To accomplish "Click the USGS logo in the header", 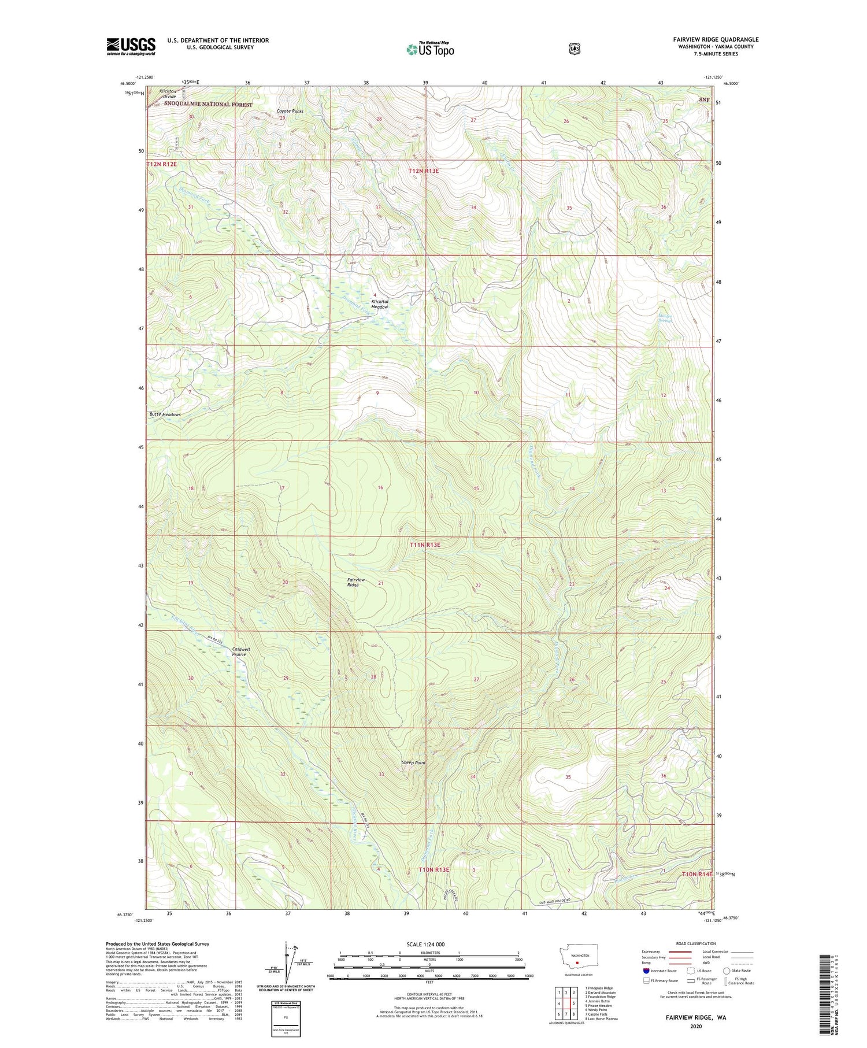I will click(x=131, y=46).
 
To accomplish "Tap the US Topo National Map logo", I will click(x=430, y=49).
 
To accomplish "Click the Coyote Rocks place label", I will click(x=290, y=111).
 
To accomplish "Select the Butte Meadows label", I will click(x=165, y=414).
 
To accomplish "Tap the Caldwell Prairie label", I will click(x=240, y=652).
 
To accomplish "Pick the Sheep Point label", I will click(x=413, y=762).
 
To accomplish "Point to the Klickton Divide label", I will click(x=168, y=94).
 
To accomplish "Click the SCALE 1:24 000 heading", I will click(x=425, y=944).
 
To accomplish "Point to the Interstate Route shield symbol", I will click(x=646, y=971).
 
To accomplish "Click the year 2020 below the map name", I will click(x=695, y=1027).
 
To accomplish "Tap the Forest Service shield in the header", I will click(x=573, y=49).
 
